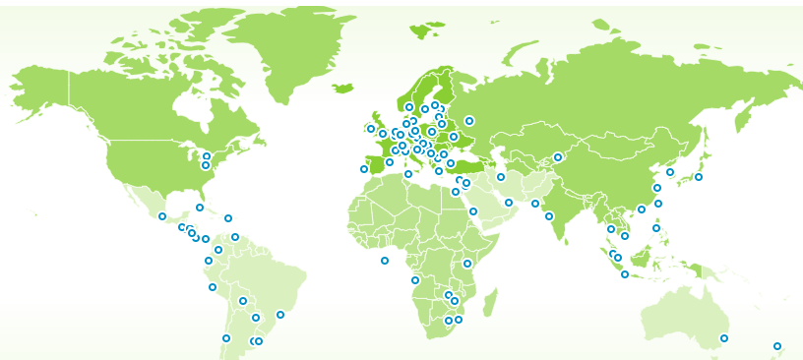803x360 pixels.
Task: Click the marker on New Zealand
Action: (776, 346)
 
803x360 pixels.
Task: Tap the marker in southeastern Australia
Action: (723, 338)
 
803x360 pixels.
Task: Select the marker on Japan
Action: (699, 177)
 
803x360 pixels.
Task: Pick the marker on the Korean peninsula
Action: (670, 172)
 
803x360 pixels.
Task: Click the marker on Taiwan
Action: (658, 204)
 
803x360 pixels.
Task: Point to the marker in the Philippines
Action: (656, 228)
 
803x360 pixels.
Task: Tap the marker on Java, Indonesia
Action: (625, 274)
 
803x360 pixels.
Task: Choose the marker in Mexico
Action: (162, 216)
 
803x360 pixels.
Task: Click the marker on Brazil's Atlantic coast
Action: (280, 315)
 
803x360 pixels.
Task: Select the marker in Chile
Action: (226, 338)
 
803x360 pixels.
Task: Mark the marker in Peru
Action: (213, 287)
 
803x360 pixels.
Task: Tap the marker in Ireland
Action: (371, 129)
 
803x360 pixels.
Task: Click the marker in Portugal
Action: (364, 169)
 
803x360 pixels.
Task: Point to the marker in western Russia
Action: (469, 121)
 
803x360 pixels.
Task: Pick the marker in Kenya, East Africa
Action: (467, 264)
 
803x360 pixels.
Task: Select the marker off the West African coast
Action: (385, 261)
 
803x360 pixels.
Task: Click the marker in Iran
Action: (501, 177)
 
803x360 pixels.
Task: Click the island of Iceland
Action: (343, 89)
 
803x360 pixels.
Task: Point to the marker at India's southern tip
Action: (549, 216)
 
